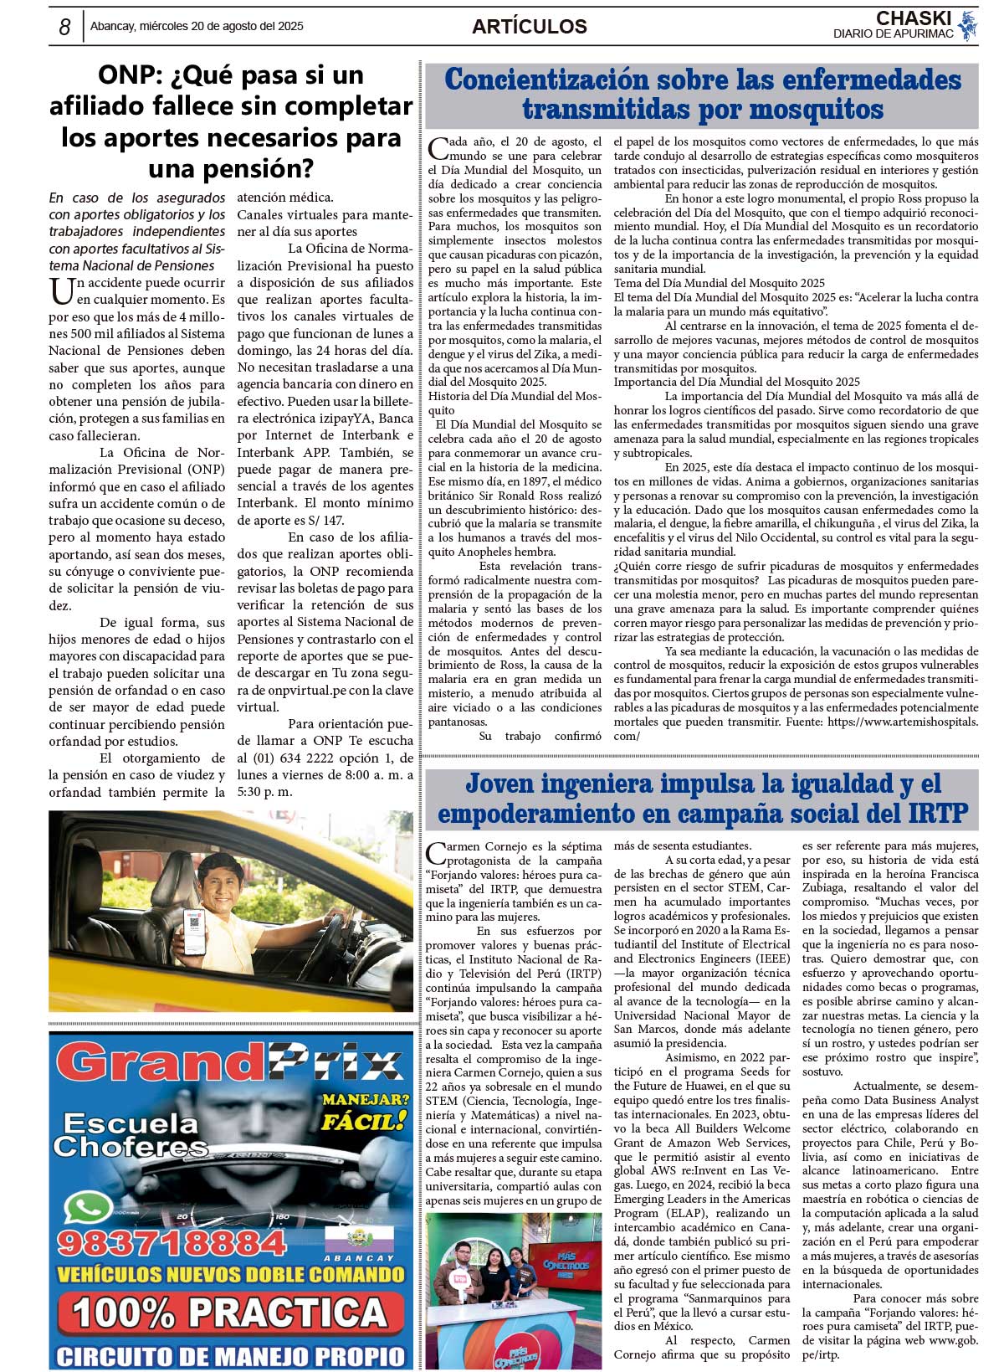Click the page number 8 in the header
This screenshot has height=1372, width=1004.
click(64, 27)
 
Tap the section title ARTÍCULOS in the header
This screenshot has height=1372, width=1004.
click(529, 27)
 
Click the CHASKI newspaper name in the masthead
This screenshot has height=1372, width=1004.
click(913, 18)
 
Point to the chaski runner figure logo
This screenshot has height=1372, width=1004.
click(968, 26)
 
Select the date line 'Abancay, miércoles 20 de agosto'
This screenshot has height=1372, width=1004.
click(197, 26)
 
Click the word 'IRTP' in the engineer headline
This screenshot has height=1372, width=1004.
click(937, 813)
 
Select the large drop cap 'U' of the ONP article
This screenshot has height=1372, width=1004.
click(62, 292)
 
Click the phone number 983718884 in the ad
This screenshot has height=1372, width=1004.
click(172, 1242)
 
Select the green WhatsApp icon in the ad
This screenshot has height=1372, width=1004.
click(89, 1209)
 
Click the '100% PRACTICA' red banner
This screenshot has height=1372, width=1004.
click(230, 1312)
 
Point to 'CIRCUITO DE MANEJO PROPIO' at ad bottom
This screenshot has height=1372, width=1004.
click(230, 1355)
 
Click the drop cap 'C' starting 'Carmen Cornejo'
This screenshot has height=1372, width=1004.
click(437, 854)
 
